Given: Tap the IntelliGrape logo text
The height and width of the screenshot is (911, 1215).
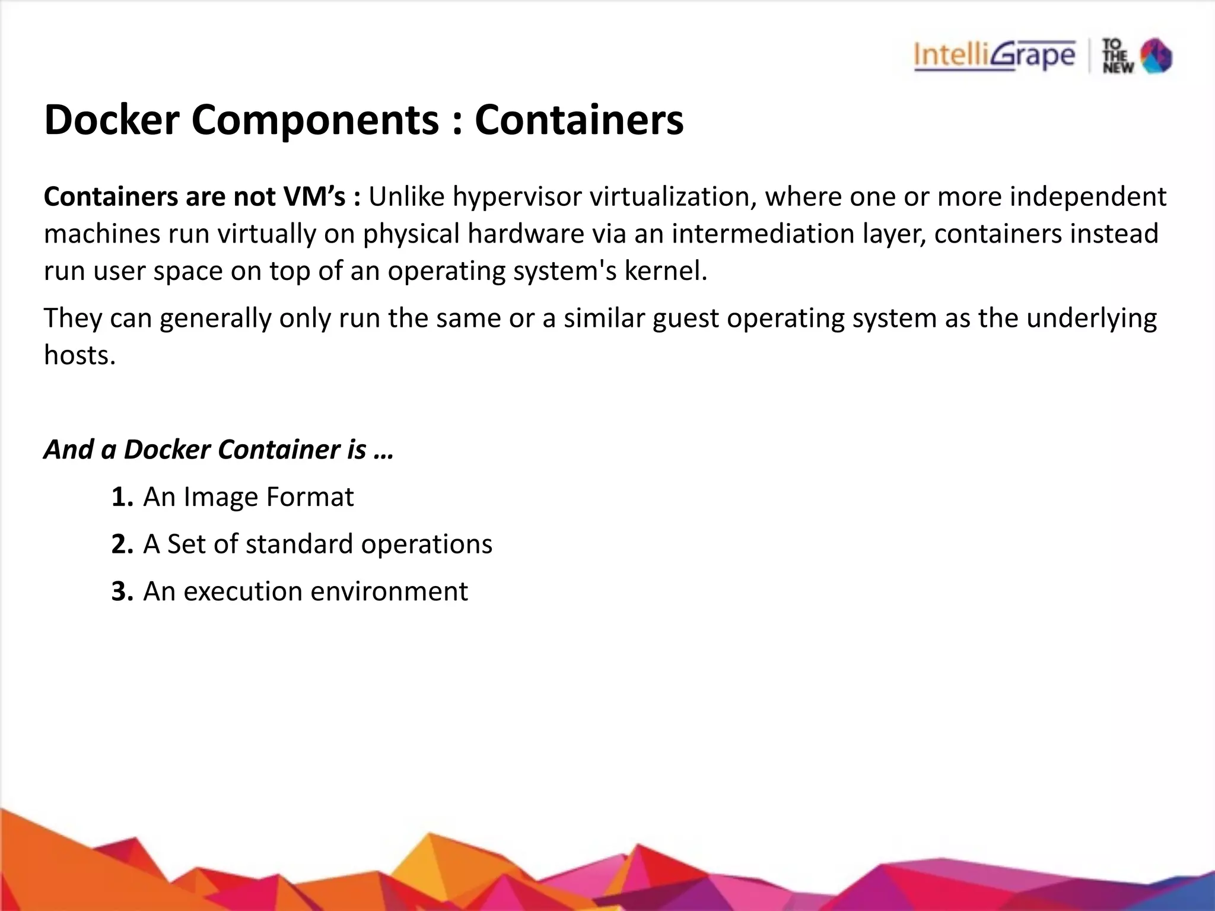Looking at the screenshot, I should pos(994,56).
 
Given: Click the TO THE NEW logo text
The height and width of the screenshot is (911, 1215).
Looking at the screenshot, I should pos(1118,56).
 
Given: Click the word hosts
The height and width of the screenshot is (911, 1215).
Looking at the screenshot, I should pos(79,355).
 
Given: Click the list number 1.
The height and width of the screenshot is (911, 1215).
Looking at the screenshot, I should pos(122,497).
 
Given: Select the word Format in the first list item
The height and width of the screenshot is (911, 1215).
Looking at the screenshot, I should pos(310,497).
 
